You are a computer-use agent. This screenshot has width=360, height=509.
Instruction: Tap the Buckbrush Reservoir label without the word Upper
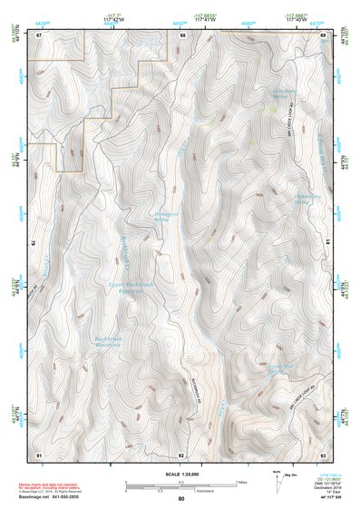coord(110,343)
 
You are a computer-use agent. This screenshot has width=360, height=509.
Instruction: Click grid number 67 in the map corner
coord(40,34)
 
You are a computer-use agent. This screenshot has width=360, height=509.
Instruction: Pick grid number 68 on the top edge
coord(182,34)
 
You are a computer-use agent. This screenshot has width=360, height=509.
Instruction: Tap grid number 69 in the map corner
coord(322,34)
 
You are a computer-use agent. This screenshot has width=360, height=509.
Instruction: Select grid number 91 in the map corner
coord(40,453)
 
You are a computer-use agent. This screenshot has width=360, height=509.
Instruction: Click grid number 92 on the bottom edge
coord(181,453)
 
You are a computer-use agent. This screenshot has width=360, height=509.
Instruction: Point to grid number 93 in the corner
coord(322,453)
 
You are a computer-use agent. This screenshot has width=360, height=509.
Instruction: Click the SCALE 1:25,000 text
coord(180,472)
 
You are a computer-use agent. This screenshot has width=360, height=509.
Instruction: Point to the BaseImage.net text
coord(36,496)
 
